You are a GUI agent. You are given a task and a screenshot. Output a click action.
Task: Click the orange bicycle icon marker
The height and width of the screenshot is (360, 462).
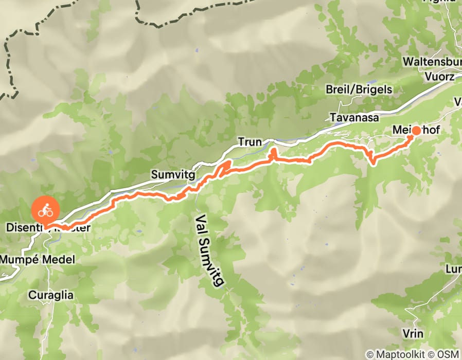coord(46,210)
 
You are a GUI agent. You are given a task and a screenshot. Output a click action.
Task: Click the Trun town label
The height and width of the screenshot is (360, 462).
coord(250,141)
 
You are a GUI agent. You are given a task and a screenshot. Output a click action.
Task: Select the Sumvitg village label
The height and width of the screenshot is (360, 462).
coord(173,175)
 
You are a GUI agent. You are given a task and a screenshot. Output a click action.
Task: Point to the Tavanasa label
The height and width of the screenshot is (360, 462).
coord(354,117)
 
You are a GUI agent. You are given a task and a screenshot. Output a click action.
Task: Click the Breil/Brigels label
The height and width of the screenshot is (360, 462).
coord(359,89)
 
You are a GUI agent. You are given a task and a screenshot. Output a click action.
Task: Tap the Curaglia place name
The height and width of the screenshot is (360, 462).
coord(51,295)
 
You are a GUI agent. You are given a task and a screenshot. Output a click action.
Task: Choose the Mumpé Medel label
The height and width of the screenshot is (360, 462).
coord(37,259)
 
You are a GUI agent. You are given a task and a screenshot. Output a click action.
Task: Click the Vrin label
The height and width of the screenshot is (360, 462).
coord(414,334)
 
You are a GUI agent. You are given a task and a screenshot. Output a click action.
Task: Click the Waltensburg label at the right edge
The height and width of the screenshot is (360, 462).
coord(432,62)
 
